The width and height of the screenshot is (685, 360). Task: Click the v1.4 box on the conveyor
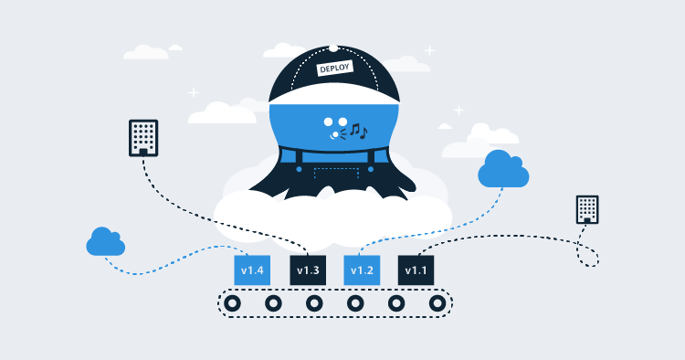(252, 270)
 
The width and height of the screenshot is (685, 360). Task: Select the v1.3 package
(307, 270)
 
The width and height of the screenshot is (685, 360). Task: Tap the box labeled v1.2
(362, 270)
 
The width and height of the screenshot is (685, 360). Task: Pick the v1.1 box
(416, 270)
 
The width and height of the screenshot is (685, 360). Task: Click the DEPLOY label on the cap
(333, 68)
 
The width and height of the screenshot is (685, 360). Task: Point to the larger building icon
(143, 138)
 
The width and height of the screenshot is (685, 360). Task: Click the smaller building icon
(587, 209)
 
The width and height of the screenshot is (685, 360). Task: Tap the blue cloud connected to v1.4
(106, 242)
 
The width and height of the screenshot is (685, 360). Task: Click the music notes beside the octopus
(358, 132)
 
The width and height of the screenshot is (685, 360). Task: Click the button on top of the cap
(334, 48)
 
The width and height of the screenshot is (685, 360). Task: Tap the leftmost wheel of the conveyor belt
(232, 303)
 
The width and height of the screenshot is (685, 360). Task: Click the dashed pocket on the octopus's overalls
(334, 174)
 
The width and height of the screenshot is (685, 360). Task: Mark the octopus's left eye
(328, 121)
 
